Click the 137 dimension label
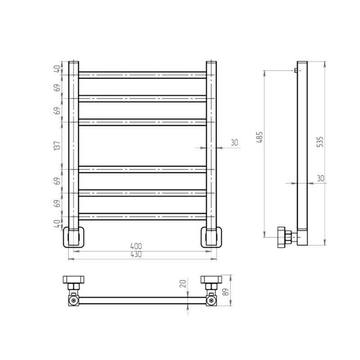pos(57,145)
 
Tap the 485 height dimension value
pos(260,137)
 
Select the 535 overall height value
pos(320,142)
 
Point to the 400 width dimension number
pos(136,246)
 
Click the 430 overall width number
pos(136,254)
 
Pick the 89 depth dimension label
pos(226,292)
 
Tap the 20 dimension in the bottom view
pos(183,284)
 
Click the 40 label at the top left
pos(57,68)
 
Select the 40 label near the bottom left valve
pos(57,223)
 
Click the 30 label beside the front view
pos(234,143)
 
